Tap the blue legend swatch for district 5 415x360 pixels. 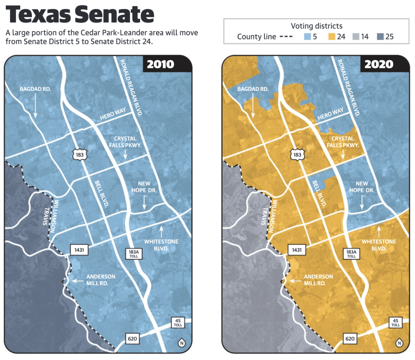tap(307, 36)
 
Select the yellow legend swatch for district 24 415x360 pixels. tap(332, 36)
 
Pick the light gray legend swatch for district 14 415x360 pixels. tap(356, 36)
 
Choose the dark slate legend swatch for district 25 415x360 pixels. tap(380, 36)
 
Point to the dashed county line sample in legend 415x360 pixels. tap(286, 37)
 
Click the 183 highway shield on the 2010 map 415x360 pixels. tap(80, 155)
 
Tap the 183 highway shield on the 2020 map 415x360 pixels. tap(297, 155)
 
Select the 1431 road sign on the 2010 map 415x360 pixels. tap(79, 250)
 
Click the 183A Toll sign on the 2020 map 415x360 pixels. tap(351, 254)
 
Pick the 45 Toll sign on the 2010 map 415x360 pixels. tap(178, 322)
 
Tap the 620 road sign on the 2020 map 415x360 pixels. tap(350, 338)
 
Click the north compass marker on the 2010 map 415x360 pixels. tap(182, 343)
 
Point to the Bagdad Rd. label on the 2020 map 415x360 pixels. tap(253, 89)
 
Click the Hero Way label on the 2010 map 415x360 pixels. tap(113, 114)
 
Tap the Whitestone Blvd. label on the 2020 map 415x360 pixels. tap(379, 245)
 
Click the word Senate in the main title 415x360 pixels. tap(115, 15)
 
